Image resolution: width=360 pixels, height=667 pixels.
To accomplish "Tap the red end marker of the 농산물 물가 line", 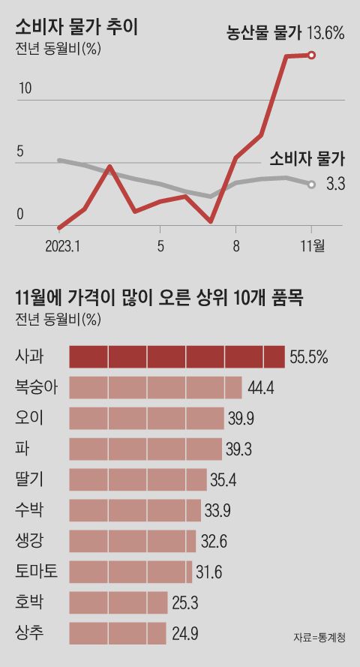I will [x=312, y=54].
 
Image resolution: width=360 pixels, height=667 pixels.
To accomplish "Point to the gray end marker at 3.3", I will [x=311, y=184].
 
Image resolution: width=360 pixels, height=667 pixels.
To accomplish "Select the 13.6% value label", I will [x=325, y=32].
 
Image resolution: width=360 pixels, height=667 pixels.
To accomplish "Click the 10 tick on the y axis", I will [x=24, y=89].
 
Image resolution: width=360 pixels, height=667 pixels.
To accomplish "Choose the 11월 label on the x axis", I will [x=311, y=245].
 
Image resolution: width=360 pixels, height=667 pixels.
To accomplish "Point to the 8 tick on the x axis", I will [x=235, y=245].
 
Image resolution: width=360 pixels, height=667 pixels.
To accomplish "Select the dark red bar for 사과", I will [x=177, y=356].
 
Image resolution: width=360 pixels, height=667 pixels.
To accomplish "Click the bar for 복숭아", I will [x=155, y=387].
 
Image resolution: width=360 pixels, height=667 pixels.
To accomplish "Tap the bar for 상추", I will [x=118, y=633].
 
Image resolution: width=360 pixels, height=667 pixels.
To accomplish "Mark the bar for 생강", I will [x=133, y=541].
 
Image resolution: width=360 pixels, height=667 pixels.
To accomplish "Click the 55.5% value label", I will [x=309, y=357].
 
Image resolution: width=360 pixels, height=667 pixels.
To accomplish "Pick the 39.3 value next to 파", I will [x=239, y=449].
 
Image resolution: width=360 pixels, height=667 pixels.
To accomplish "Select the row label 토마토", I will [x=36, y=572].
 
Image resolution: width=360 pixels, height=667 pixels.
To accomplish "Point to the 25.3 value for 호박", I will [x=184, y=603].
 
